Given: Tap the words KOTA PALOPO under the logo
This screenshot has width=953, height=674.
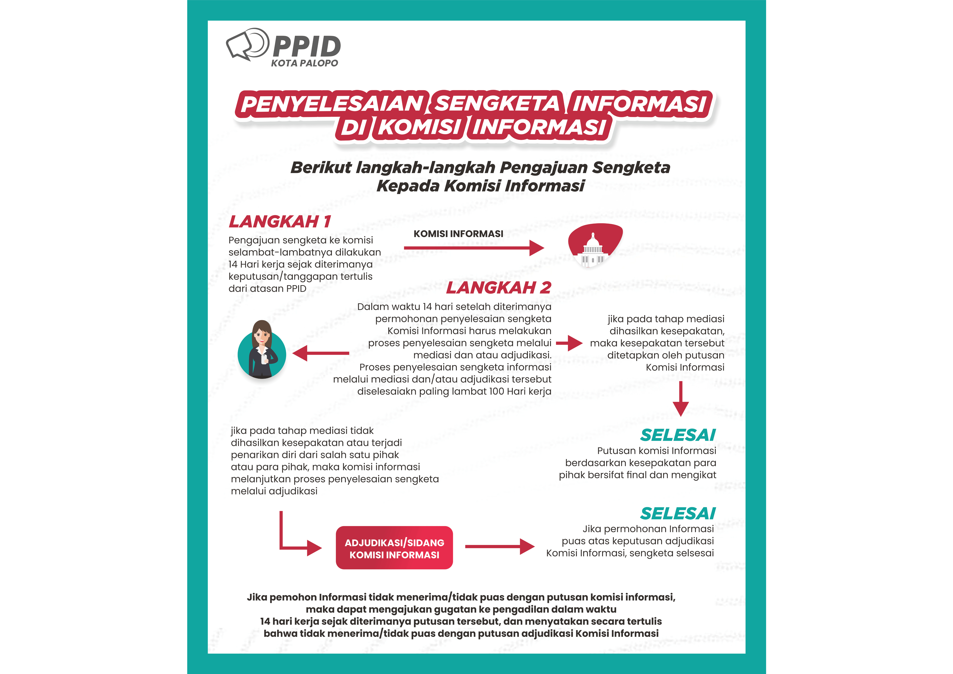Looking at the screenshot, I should (x=304, y=63).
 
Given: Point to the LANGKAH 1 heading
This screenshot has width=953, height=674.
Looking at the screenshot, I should (x=280, y=222).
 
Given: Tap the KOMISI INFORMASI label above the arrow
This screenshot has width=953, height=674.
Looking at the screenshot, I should (x=458, y=234).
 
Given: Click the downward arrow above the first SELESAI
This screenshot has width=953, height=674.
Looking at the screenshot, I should (x=681, y=399).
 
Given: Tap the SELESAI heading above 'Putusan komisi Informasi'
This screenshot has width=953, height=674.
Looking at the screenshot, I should (x=678, y=435).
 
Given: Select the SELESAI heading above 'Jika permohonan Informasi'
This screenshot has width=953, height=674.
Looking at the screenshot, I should (x=678, y=514).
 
